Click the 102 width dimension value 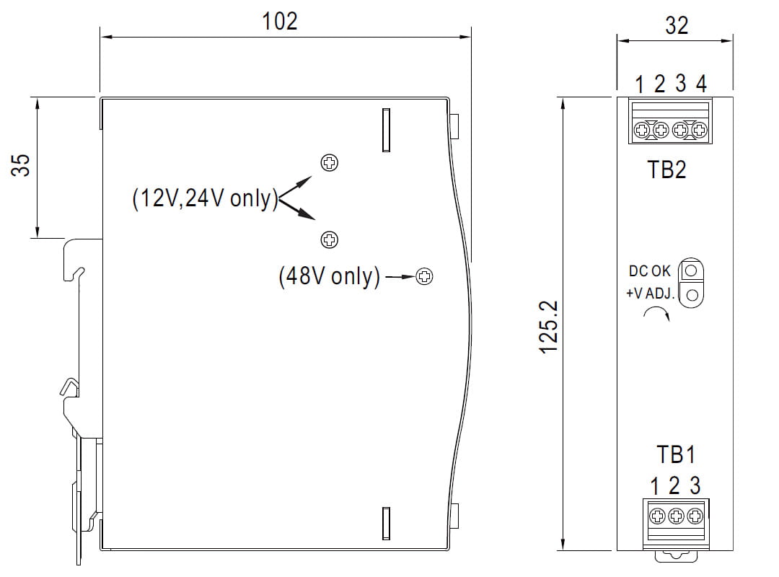[280, 21]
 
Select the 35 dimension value [23, 165]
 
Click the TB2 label [666, 170]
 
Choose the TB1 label [676, 454]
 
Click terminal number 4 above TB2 [701, 84]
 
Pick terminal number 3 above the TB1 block [695, 485]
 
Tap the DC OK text [649, 271]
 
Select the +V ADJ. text [649, 294]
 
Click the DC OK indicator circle [692, 270]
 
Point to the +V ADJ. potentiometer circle [692, 294]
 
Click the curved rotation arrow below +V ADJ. [656, 313]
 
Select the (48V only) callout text [329, 276]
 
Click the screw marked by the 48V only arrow [425, 276]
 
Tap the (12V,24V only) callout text [205, 198]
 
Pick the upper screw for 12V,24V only [330, 162]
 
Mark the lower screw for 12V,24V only [329, 239]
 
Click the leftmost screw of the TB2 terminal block [641, 131]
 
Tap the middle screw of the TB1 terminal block [676, 516]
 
